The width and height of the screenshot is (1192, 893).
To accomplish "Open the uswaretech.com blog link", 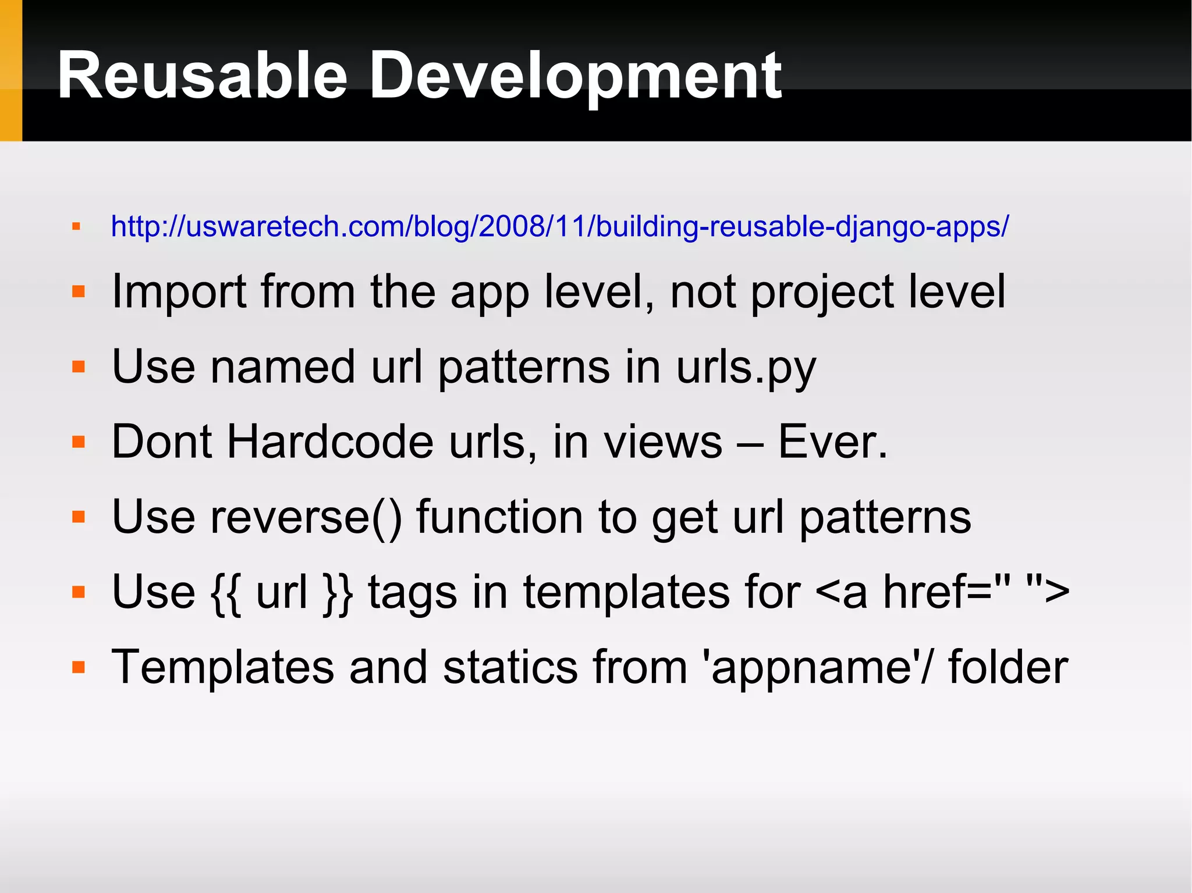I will point(559,226).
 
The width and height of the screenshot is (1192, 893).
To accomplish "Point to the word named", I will point(283,367).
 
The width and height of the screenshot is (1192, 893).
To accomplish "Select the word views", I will point(663,442).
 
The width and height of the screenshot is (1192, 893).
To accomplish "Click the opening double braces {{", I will point(226,592).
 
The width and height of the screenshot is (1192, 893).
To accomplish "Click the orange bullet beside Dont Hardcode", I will point(79,442).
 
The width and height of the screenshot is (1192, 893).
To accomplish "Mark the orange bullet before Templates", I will point(79,667).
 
